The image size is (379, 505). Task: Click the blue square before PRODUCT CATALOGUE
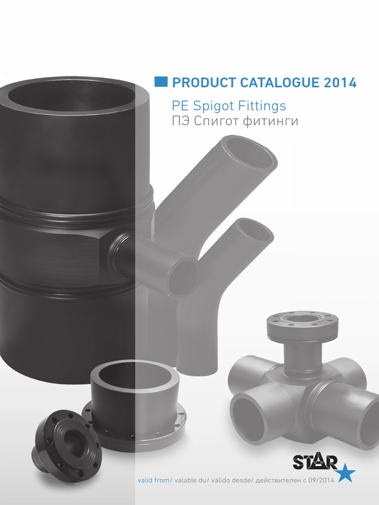pos(161,82)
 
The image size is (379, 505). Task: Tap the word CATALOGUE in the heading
pos(279,82)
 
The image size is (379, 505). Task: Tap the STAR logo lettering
pos(315,462)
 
